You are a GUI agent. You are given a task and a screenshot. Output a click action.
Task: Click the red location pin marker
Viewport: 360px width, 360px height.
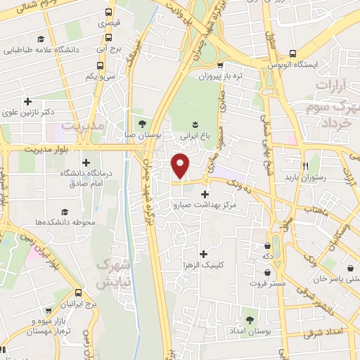(x=181, y=165)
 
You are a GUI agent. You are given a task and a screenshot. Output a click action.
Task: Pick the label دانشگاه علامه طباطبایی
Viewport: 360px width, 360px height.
(x=41, y=50)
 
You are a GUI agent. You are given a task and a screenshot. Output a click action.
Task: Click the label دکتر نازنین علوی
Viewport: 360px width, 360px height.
(x=27, y=112)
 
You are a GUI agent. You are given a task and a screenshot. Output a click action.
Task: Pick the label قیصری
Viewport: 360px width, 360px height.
(x=108, y=23)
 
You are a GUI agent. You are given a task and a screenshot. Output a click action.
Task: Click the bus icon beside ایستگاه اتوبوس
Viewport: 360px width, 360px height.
(x=292, y=53)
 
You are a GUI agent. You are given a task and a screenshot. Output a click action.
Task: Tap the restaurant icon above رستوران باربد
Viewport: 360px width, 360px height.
(x=306, y=166)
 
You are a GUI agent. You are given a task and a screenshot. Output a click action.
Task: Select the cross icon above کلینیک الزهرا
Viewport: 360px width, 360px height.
(x=203, y=254)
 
